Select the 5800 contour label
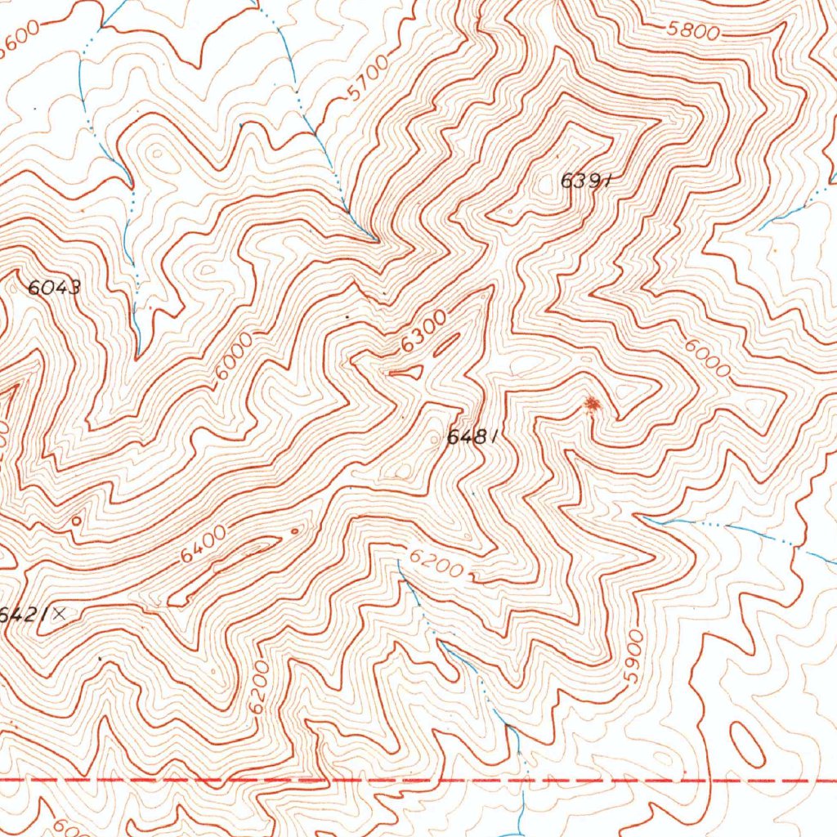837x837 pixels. coord(692,31)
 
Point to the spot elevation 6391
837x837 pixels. coord(586,181)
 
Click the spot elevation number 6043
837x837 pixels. coord(54,287)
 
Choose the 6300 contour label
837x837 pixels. coord(423,333)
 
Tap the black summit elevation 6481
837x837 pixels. coord(472,437)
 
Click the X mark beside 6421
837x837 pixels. coord(59,615)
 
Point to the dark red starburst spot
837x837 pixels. coord(593,403)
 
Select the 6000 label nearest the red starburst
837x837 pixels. coord(708,357)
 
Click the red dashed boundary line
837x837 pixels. coord(409,781)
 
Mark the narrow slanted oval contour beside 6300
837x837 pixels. coord(445,347)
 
